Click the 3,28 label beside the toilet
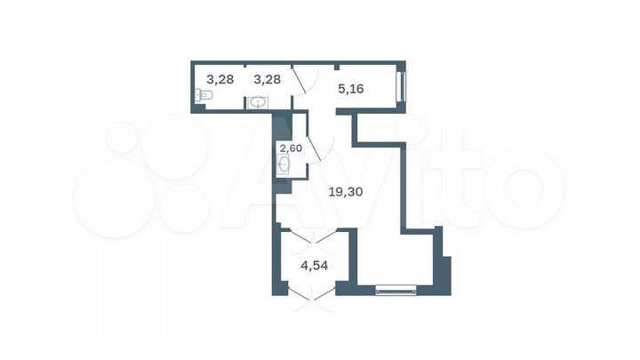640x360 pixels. [220, 79]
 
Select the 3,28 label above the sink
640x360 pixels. [267, 79]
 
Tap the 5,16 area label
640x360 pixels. [351, 89]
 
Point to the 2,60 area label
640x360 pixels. [291, 148]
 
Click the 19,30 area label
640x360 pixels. [346, 191]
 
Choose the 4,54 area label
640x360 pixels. [315, 266]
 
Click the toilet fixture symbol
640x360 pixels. [204, 95]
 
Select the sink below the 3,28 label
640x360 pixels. [258, 103]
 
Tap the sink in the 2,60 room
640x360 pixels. [284, 165]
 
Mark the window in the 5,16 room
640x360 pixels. [401, 86]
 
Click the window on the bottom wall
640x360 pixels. [396, 290]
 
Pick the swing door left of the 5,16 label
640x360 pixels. [305, 81]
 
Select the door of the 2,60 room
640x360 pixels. [320, 148]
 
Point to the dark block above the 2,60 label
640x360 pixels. [282, 127]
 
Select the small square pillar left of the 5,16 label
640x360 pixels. [337, 67]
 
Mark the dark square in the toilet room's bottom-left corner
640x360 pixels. [199, 108]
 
